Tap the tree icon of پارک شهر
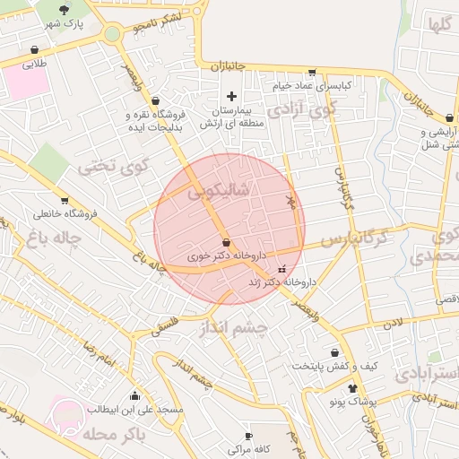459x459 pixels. [87, 11]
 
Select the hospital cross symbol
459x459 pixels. [232, 95]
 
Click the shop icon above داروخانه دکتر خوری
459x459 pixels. [226, 242]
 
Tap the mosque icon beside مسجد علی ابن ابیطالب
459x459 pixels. [135, 395]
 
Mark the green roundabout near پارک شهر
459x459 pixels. [112, 35]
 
